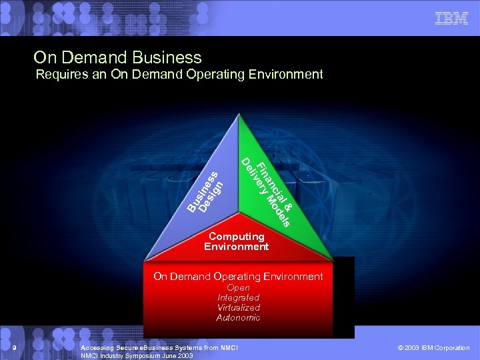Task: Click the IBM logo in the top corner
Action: [451, 19]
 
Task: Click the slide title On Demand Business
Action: [117, 58]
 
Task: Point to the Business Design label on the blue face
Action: [211, 193]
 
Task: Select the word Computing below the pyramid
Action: [237, 237]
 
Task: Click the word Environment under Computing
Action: [237, 247]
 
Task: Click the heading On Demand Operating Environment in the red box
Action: [238, 276]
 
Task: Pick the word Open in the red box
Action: [238, 288]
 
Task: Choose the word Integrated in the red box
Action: [238, 298]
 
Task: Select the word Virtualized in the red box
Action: [238, 308]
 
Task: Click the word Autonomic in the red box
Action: [238, 318]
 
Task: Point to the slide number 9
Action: [14, 348]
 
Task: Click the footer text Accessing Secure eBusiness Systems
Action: [158, 348]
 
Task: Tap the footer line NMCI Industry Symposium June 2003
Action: [137, 356]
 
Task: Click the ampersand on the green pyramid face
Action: [289, 198]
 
